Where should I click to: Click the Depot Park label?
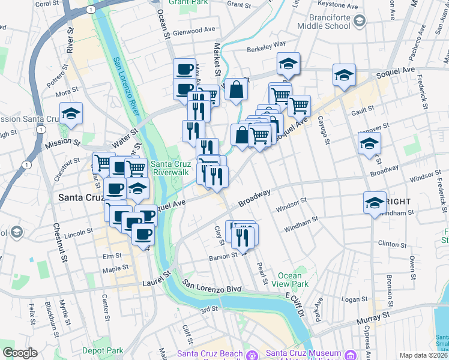(x=103, y=351)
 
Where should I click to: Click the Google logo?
(x=20, y=353)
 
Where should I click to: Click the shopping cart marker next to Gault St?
(x=298, y=106)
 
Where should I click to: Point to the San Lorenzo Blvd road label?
(x=212, y=286)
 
